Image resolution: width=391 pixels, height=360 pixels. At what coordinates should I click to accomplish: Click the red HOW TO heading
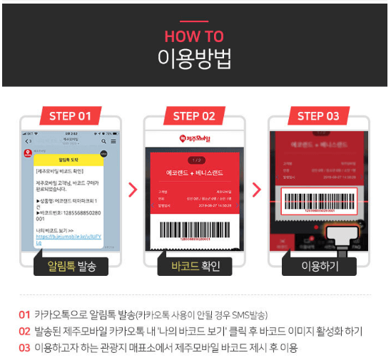[x=194, y=36]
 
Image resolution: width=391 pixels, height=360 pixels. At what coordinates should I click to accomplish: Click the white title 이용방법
[x=194, y=59]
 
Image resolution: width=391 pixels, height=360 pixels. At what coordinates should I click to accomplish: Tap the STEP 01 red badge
[x=71, y=116]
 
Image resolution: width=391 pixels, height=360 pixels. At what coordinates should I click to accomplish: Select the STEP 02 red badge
[x=195, y=116]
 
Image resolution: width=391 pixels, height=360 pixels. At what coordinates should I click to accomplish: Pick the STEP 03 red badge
[x=318, y=116]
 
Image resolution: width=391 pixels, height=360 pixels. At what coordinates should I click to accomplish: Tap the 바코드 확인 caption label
[x=195, y=267]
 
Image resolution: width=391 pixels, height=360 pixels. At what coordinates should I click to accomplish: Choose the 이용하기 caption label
[x=318, y=267]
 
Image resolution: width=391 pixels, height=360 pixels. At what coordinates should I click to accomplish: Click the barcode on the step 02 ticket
[x=195, y=230]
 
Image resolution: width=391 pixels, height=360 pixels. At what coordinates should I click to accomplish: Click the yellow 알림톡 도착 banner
[x=69, y=160]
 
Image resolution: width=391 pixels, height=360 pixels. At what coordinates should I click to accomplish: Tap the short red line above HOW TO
[x=194, y=22]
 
